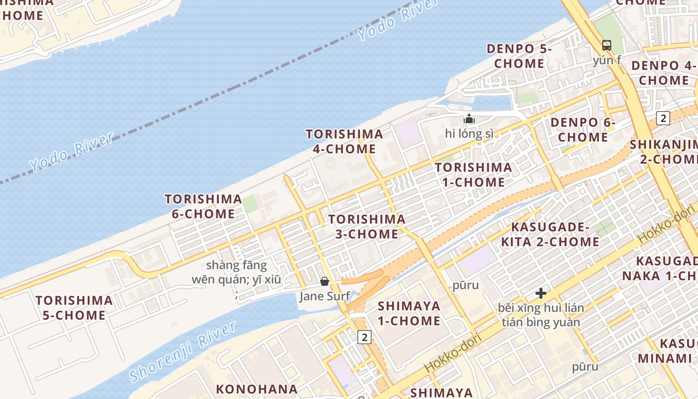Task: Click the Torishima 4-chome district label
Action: [345, 141]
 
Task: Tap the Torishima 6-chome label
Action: [203, 206]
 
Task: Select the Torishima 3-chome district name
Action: [366, 226]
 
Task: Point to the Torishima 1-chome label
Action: [473, 175]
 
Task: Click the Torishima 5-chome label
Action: [74, 308]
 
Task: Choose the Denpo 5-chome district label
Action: [519, 56]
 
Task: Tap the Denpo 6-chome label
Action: [583, 130]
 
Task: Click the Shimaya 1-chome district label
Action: [409, 313]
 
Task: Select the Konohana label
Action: [257, 389]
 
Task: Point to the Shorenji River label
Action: [182, 352]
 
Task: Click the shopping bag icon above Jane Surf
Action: [325, 282]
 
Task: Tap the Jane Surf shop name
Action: [325, 296]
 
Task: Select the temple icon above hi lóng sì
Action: [469, 119]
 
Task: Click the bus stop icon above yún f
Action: [607, 45]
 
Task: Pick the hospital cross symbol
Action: [541, 293]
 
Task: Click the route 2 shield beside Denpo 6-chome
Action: [663, 118]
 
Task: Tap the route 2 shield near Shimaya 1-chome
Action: [364, 337]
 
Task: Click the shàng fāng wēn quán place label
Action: [236, 272]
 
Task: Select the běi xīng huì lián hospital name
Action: [541, 315]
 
